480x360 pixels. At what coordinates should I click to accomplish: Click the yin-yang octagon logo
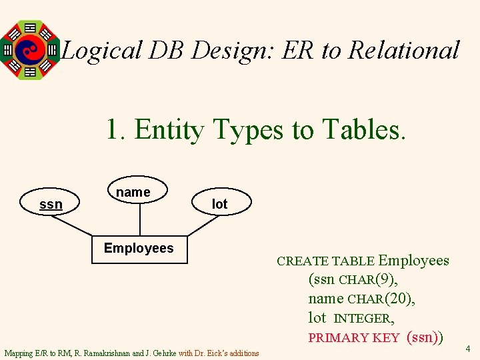(30, 49)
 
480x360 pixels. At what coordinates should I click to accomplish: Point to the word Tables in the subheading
(363, 129)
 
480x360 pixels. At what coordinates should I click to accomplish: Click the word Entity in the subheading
(171, 129)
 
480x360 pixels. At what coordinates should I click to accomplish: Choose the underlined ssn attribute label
(51, 204)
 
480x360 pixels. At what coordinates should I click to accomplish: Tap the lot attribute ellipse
(219, 204)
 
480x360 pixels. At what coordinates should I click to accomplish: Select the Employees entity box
(139, 248)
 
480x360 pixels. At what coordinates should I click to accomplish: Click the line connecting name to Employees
(139, 219)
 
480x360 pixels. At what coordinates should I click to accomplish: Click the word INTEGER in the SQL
(363, 319)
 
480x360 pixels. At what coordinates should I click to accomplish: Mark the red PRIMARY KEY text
(353, 338)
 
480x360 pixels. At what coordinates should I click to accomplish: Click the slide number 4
(468, 348)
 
